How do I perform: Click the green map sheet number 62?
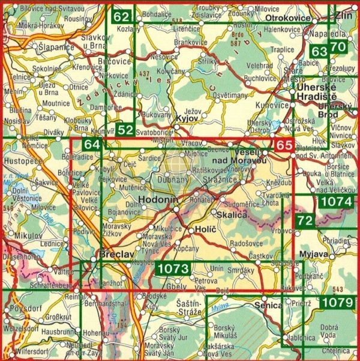tap(121, 17)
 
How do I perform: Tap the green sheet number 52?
tap(125, 129)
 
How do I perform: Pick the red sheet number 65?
tap(284, 145)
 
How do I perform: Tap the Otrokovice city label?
tap(288, 19)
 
